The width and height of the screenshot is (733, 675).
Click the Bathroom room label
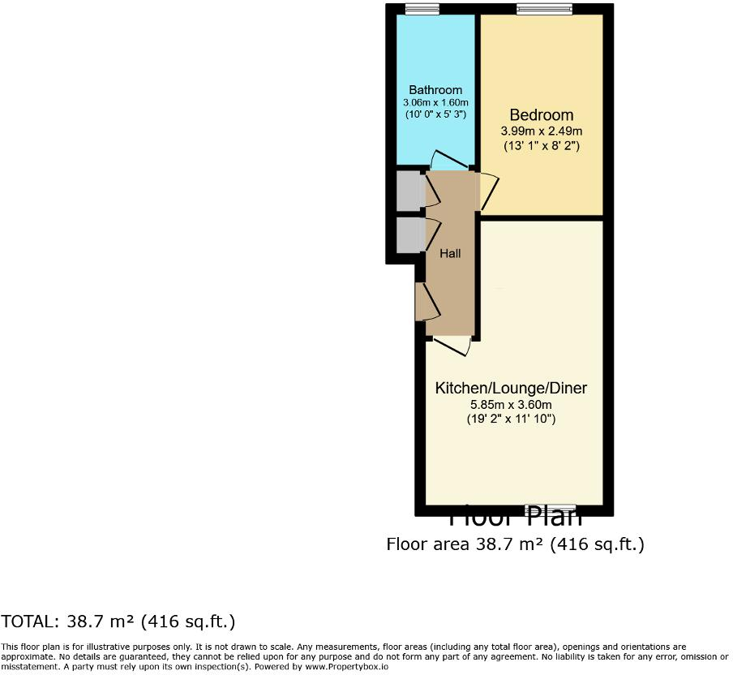(x=435, y=90)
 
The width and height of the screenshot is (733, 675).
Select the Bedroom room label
(x=541, y=115)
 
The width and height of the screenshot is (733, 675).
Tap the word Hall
(x=450, y=254)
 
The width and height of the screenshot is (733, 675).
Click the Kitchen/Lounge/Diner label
(x=511, y=389)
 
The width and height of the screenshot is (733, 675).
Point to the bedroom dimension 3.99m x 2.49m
(x=541, y=131)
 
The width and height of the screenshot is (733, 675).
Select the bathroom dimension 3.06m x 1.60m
(x=435, y=103)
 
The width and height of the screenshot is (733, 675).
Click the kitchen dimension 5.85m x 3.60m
(x=511, y=405)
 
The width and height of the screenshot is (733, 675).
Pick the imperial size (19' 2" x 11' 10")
(x=511, y=419)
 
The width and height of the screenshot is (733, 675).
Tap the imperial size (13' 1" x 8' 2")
(x=541, y=146)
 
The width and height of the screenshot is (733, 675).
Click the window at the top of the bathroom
(x=422, y=9)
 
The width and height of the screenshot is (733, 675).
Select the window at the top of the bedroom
(x=545, y=9)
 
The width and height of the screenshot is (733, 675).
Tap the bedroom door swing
(x=488, y=191)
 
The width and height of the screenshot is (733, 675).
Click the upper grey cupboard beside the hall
(x=406, y=192)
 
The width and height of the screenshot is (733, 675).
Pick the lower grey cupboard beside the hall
(x=406, y=234)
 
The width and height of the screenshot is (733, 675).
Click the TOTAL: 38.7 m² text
(x=118, y=622)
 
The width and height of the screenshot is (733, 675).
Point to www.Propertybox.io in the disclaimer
(x=348, y=666)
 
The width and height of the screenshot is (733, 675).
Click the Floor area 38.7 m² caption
(x=515, y=544)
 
